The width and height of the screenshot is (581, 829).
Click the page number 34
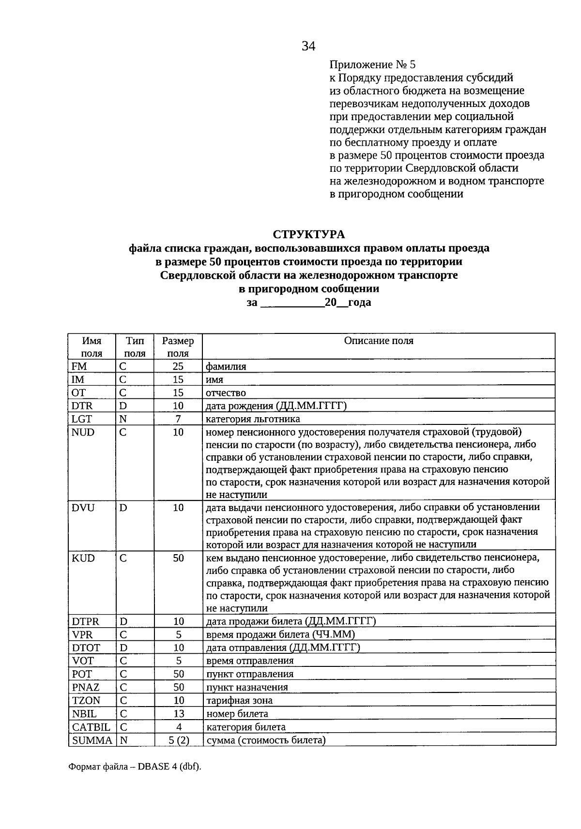click(308, 46)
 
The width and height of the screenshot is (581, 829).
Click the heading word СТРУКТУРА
click(309, 234)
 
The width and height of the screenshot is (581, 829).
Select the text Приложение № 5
click(372, 64)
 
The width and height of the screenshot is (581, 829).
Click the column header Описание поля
click(379, 341)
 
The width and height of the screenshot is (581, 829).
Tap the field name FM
click(79, 366)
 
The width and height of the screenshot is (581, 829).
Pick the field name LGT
click(81, 419)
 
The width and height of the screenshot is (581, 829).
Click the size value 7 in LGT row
click(178, 419)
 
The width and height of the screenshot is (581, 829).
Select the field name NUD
click(83, 432)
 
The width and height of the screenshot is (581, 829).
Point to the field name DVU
click(83, 508)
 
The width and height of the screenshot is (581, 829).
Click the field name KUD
click(83, 558)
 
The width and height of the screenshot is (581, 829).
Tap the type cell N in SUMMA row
click(123, 740)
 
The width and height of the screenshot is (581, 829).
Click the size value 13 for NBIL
click(178, 714)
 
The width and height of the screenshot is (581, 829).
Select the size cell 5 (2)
click(178, 740)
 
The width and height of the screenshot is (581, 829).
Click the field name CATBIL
click(91, 727)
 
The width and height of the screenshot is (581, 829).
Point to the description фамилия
click(226, 366)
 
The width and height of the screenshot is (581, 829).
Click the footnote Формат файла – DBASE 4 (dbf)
click(135, 767)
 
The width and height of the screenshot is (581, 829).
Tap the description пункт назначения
click(247, 687)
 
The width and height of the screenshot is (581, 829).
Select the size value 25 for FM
click(178, 366)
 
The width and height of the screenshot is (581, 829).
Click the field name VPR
click(82, 634)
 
